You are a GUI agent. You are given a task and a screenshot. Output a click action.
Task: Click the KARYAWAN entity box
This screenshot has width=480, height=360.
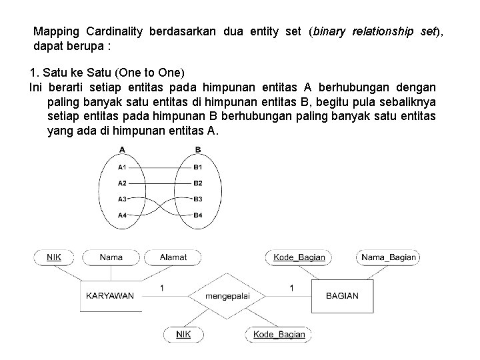111,295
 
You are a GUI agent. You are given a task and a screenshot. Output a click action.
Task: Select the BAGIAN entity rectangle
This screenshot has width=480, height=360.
341,295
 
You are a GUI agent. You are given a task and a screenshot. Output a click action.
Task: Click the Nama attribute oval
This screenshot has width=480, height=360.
111,257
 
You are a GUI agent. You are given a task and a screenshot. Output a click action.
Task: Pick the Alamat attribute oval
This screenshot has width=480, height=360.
173,257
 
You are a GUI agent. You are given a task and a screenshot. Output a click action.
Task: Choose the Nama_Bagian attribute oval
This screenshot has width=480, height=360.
389,257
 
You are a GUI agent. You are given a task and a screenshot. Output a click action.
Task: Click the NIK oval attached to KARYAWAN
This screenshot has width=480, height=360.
54,257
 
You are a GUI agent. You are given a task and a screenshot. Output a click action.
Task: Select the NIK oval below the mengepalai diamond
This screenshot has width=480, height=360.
183,334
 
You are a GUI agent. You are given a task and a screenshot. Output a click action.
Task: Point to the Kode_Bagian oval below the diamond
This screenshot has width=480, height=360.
279,334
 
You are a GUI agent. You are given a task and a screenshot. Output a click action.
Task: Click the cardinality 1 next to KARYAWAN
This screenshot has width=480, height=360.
162,287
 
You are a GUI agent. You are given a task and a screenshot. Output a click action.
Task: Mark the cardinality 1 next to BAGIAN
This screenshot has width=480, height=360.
291,287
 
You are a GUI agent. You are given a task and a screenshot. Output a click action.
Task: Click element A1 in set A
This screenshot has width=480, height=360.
122,167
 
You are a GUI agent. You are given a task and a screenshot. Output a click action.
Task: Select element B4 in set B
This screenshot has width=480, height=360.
197,215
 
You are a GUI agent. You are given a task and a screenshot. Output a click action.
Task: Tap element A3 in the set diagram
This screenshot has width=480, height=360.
122,199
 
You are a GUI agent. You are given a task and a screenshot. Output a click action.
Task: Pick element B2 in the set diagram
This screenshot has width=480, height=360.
197,183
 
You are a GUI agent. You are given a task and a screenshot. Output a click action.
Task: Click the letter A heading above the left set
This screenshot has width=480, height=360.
123,149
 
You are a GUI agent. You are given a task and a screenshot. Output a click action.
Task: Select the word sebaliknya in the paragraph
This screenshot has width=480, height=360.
408,101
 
